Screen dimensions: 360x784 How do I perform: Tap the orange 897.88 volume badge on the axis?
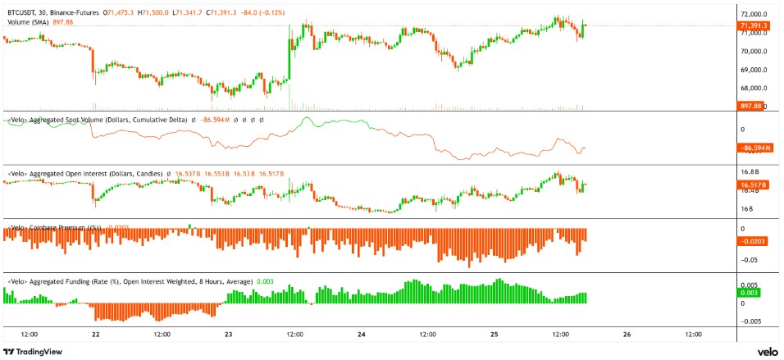[751, 106]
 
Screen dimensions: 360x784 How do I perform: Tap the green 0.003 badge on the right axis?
[750, 293]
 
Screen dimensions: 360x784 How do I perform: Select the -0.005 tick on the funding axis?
[750, 321]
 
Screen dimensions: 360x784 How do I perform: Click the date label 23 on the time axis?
[229, 335]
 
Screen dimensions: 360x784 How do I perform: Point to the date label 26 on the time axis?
[627, 335]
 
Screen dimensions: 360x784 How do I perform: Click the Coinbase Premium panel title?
[62, 226]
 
